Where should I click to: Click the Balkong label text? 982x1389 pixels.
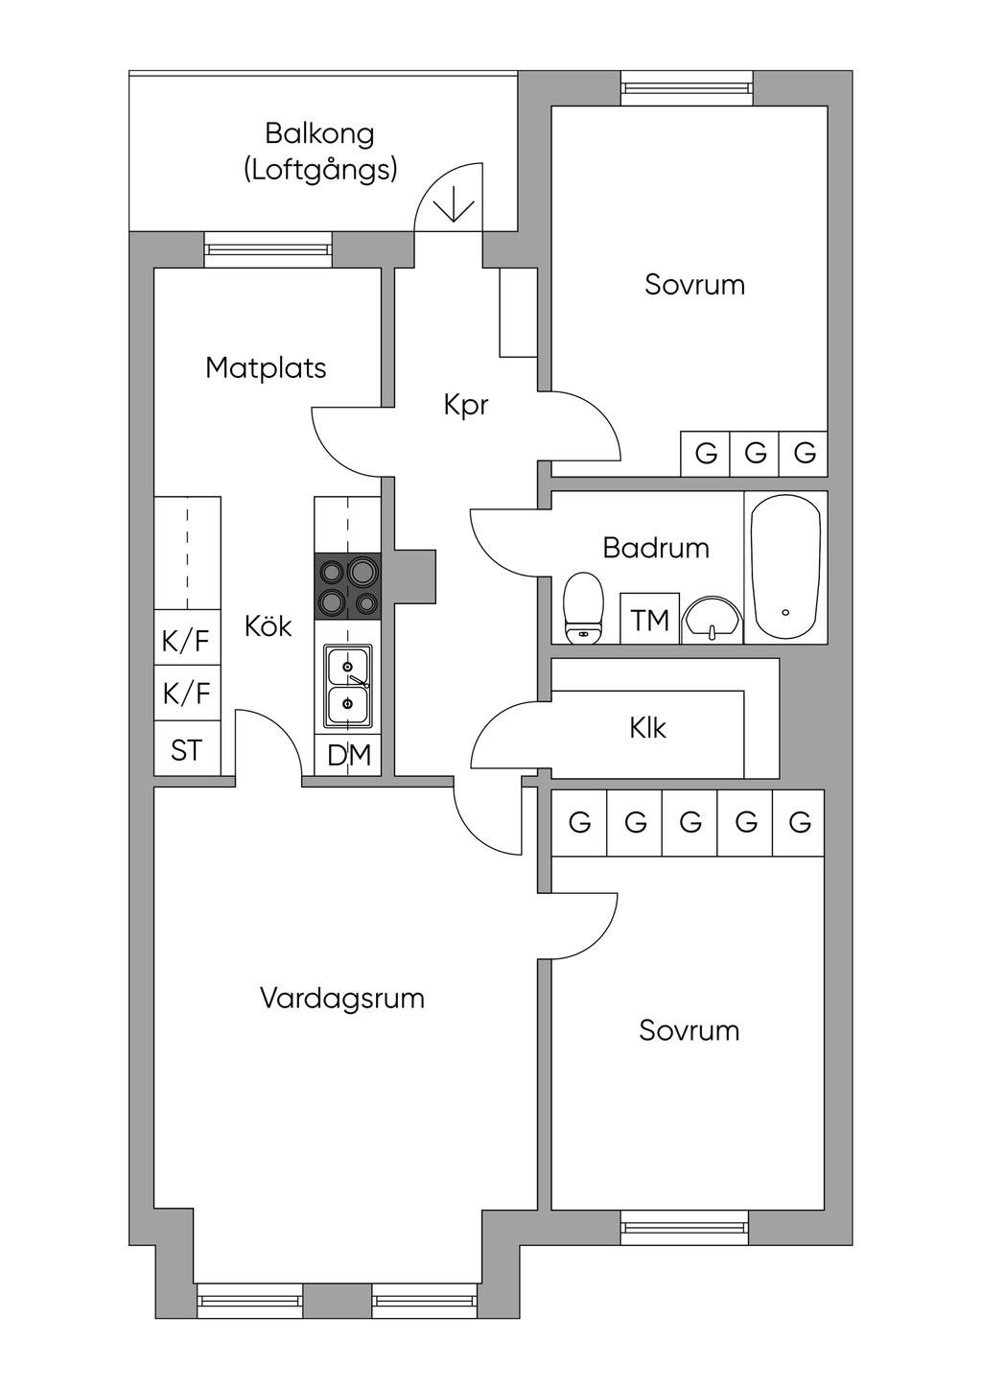[319, 133]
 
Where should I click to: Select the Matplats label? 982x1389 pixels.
[266, 367]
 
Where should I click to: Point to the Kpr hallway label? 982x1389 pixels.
[466, 405]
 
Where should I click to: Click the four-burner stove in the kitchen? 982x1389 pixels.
[348, 587]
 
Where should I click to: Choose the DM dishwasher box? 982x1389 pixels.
[348, 756]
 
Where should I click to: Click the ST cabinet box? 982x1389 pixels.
[187, 750]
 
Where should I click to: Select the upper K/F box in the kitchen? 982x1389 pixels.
[187, 640]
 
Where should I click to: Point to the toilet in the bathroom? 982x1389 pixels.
[583, 608]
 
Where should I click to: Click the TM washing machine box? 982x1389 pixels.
[650, 620]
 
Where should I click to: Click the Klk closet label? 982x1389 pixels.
[647, 728]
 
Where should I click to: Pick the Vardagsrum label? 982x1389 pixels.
[341, 999]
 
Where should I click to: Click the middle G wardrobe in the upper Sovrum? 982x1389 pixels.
[755, 454]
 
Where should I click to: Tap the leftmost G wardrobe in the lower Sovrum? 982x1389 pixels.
[579, 822]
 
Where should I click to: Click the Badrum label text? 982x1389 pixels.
[656, 548]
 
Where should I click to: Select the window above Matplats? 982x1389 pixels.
[269, 251]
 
